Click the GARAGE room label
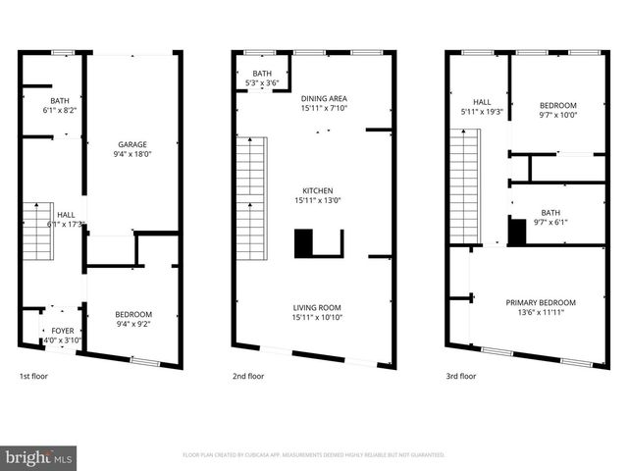click(131, 143)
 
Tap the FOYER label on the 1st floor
click(62, 331)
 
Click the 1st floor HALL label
click(65, 215)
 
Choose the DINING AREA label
click(324, 98)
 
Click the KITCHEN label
click(317, 190)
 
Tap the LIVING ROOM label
click(317, 307)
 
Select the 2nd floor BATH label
click(261, 74)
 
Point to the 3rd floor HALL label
click(481, 101)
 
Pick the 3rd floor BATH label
click(550, 212)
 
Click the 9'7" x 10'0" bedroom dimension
click(557, 115)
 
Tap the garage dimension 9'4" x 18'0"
click(131, 153)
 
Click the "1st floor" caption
click(33, 376)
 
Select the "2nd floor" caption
click(248, 376)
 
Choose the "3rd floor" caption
click(461, 376)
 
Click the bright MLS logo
click(39, 456)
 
